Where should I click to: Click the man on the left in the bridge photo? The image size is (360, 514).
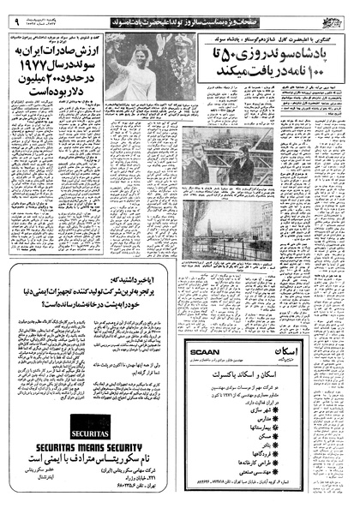(197, 163)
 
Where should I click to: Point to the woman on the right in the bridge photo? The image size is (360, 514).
(241, 163)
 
